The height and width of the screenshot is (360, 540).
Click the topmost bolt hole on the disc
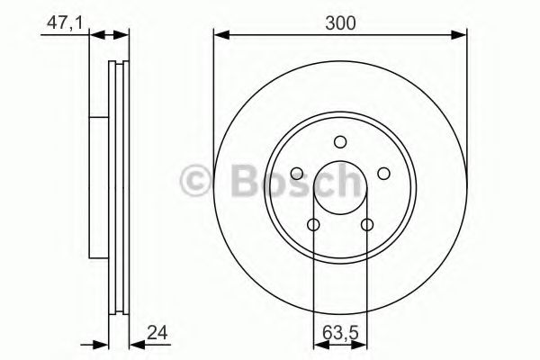[x=340, y=141]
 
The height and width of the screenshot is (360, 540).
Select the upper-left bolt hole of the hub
[x=298, y=173]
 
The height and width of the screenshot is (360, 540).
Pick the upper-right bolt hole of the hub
[x=382, y=173]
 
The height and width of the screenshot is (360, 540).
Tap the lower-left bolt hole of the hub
[x=314, y=224]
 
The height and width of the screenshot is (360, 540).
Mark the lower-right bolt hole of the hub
[x=366, y=224]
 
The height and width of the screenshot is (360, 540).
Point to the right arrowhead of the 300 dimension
[x=461, y=36]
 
